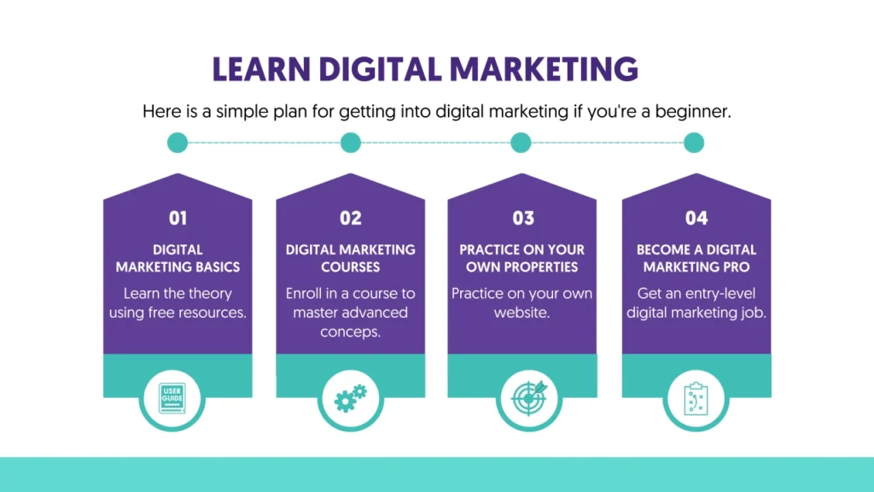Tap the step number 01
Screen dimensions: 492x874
(178, 218)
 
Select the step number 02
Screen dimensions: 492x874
(351, 218)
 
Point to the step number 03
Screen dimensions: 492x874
(523, 218)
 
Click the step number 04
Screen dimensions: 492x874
(696, 218)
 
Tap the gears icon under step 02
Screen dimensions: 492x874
(350, 398)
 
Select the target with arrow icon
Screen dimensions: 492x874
(529, 398)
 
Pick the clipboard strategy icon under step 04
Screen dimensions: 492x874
(696, 398)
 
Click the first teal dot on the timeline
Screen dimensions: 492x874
(178, 143)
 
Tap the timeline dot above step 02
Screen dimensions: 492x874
(351, 143)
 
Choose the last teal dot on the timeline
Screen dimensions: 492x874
(694, 143)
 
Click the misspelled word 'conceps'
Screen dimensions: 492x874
(351, 331)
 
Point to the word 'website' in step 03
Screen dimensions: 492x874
(521, 313)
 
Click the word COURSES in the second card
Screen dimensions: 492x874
(351, 266)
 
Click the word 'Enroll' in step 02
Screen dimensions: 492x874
(305, 294)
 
